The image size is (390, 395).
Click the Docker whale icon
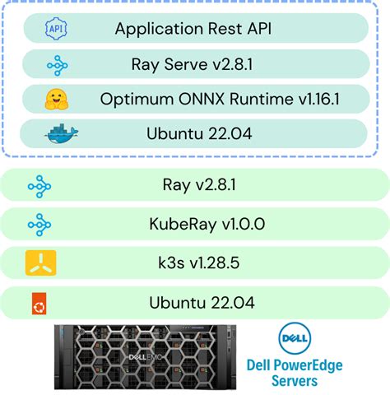pos(62,134)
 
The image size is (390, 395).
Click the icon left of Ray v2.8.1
pos(39,185)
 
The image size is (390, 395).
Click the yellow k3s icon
pos(39,263)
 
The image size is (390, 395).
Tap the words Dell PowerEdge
pos(295,365)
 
